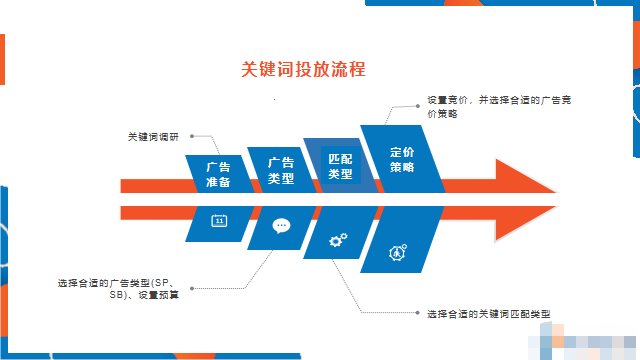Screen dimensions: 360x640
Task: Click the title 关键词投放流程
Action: (x=303, y=69)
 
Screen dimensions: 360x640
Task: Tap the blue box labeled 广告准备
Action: (x=218, y=174)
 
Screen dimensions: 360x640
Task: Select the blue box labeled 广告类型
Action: (x=281, y=169)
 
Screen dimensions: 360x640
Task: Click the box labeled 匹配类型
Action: (x=341, y=166)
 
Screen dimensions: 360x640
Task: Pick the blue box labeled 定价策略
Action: (x=402, y=160)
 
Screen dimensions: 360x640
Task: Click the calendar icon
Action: (x=219, y=221)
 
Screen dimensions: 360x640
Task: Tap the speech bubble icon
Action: (x=281, y=225)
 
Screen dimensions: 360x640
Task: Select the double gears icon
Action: (x=339, y=239)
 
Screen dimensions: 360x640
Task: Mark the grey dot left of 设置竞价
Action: (x=418, y=102)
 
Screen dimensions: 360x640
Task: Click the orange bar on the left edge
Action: (x=3, y=59)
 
